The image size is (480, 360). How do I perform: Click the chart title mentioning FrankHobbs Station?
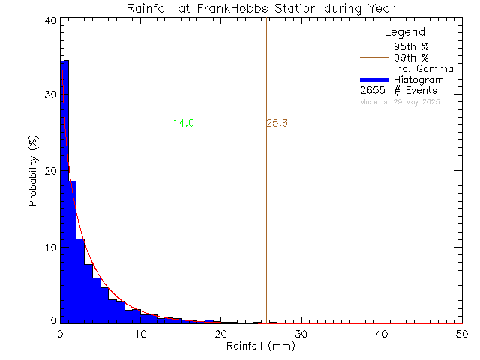pyautogui.click(x=261, y=8)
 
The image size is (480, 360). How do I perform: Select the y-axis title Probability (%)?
pyautogui.click(x=34, y=171)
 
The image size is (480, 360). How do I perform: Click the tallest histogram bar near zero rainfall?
pyautogui.click(x=64, y=187)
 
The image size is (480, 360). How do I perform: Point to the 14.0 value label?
pyautogui.click(x=184, y=124)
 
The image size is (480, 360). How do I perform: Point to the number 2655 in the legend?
pyautogui.click(x=373, y=91)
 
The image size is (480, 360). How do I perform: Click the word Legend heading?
pyautogui.click(x=405, y=33)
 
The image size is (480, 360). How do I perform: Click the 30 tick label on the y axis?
pyautogui.click(x=49, y=95)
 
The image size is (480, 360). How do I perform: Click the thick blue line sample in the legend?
pyautogui.click(x=374, y=79)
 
